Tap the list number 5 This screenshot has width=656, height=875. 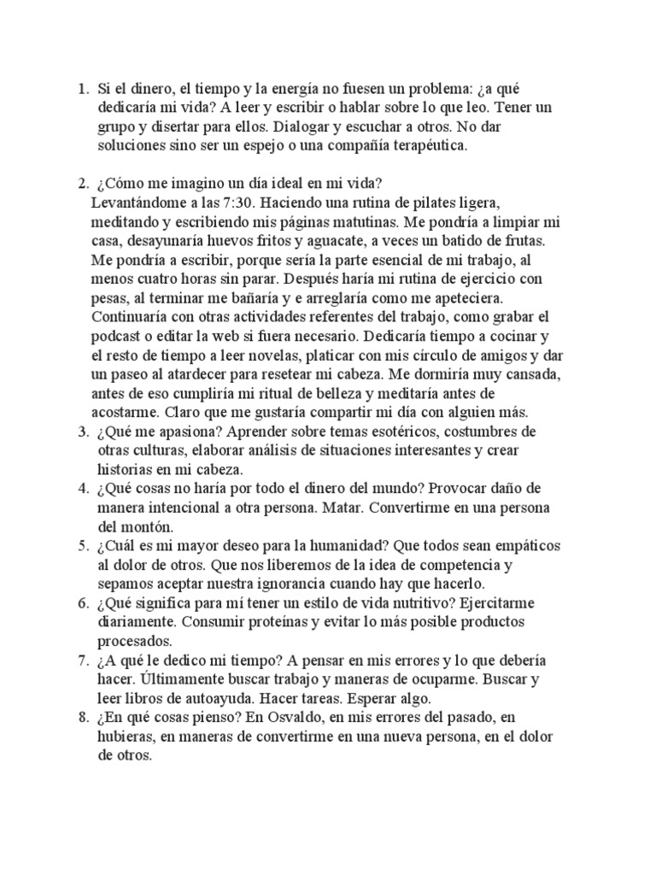pos(82,545)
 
